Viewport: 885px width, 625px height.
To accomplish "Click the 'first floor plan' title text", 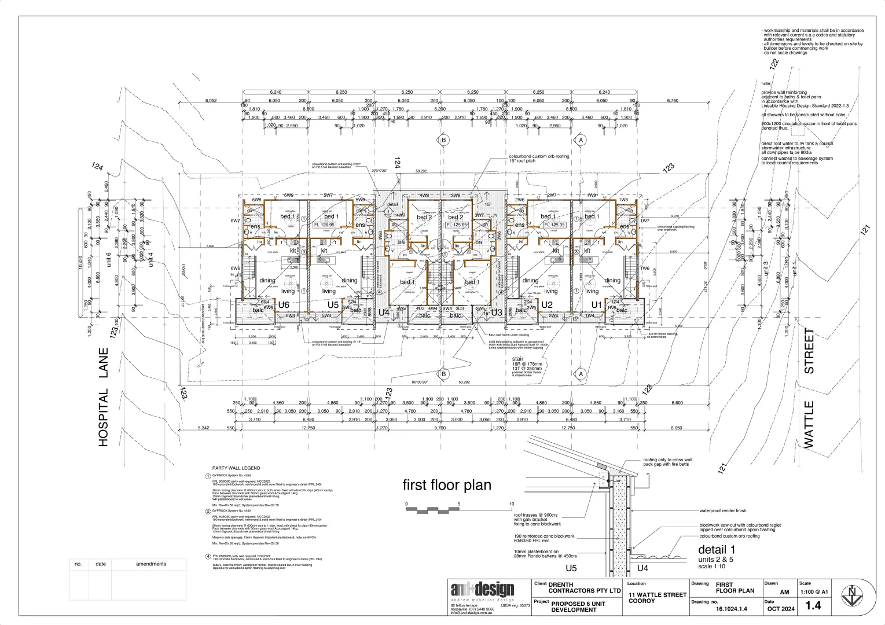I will [447, 485].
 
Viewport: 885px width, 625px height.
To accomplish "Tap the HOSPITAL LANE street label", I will [104, 397].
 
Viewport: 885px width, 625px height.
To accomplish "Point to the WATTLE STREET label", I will [809, 388].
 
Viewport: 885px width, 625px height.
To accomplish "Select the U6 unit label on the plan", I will [284, 305].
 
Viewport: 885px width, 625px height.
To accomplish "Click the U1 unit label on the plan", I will [596, 305].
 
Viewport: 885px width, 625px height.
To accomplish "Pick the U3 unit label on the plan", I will [496, 312].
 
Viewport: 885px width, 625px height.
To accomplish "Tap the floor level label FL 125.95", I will [324, 225].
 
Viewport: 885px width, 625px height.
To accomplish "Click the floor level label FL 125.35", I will [554, 225].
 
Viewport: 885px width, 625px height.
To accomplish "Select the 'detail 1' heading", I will [717, 550].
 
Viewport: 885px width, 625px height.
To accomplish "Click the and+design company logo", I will [482, 590].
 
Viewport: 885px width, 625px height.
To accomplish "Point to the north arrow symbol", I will [851, 597].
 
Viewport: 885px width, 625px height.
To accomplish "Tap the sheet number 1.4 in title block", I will [813, 605].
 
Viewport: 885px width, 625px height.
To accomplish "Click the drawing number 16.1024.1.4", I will [732, 609].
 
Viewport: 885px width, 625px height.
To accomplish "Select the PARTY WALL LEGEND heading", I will [236, 468].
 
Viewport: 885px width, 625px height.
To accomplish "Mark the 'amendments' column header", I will [151, 564].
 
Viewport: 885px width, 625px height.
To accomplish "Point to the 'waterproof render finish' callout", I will [723, 511].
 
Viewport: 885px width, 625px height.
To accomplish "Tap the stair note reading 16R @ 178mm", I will [526, 363].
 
